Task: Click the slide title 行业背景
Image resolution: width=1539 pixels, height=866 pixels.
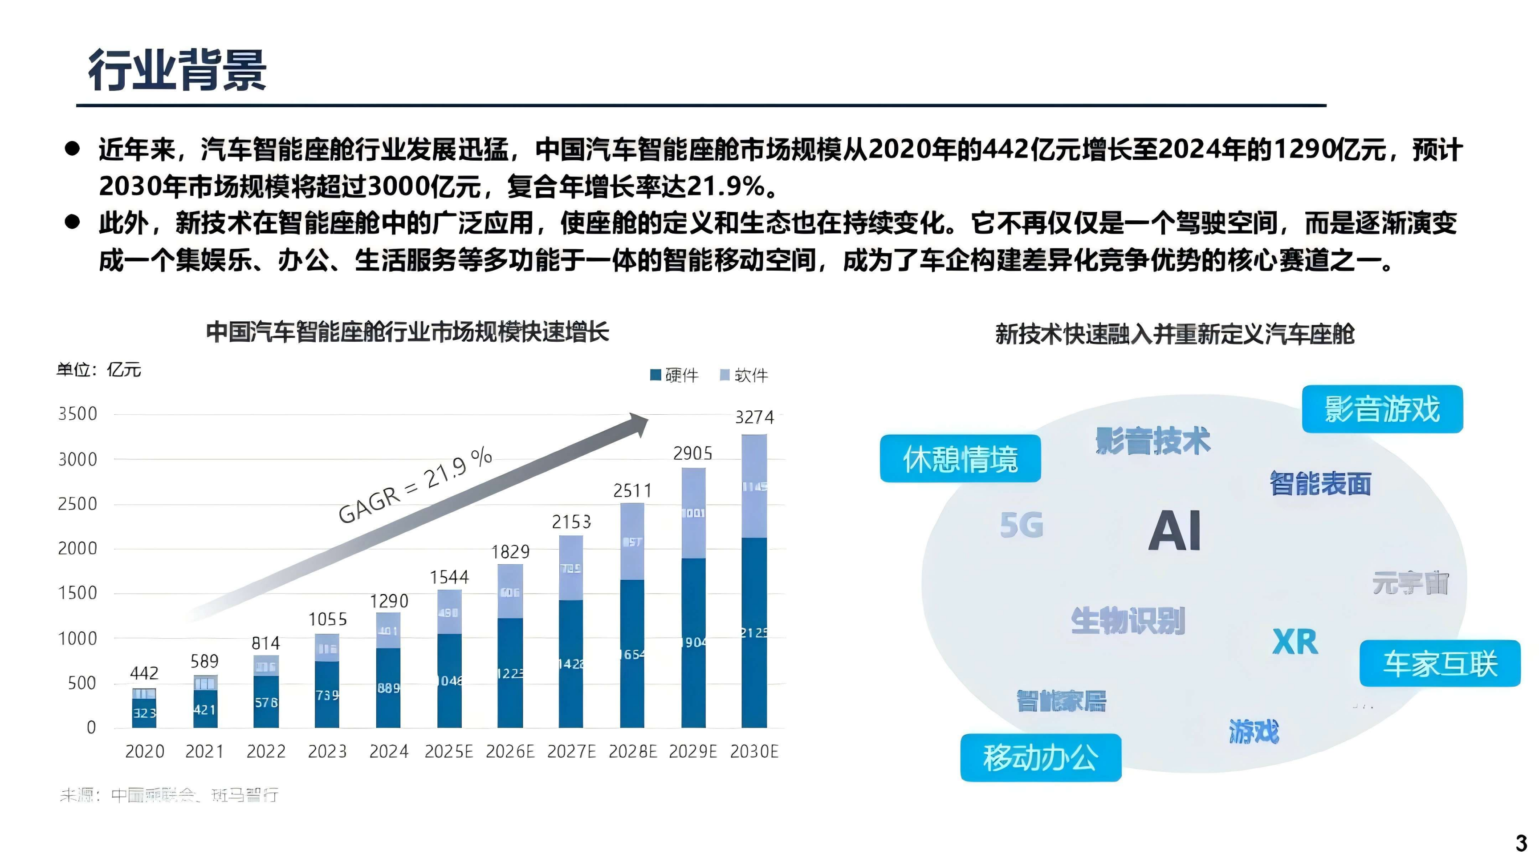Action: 177,70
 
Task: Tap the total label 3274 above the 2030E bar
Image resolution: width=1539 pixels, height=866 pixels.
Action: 754,417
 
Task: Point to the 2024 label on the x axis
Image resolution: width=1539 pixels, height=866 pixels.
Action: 388,751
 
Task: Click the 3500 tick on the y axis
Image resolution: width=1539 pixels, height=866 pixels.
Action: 77,414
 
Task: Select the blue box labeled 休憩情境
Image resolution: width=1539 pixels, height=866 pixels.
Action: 960,459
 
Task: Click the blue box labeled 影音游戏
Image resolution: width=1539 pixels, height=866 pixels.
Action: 1382,409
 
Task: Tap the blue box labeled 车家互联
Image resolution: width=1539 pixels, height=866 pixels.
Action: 1439,664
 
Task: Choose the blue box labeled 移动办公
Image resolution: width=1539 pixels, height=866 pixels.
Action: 1040,757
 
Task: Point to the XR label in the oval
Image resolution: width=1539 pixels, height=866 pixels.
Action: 1295,642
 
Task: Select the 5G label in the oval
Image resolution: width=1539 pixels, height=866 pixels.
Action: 1022,526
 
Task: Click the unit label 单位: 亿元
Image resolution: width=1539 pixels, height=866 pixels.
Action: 98,370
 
